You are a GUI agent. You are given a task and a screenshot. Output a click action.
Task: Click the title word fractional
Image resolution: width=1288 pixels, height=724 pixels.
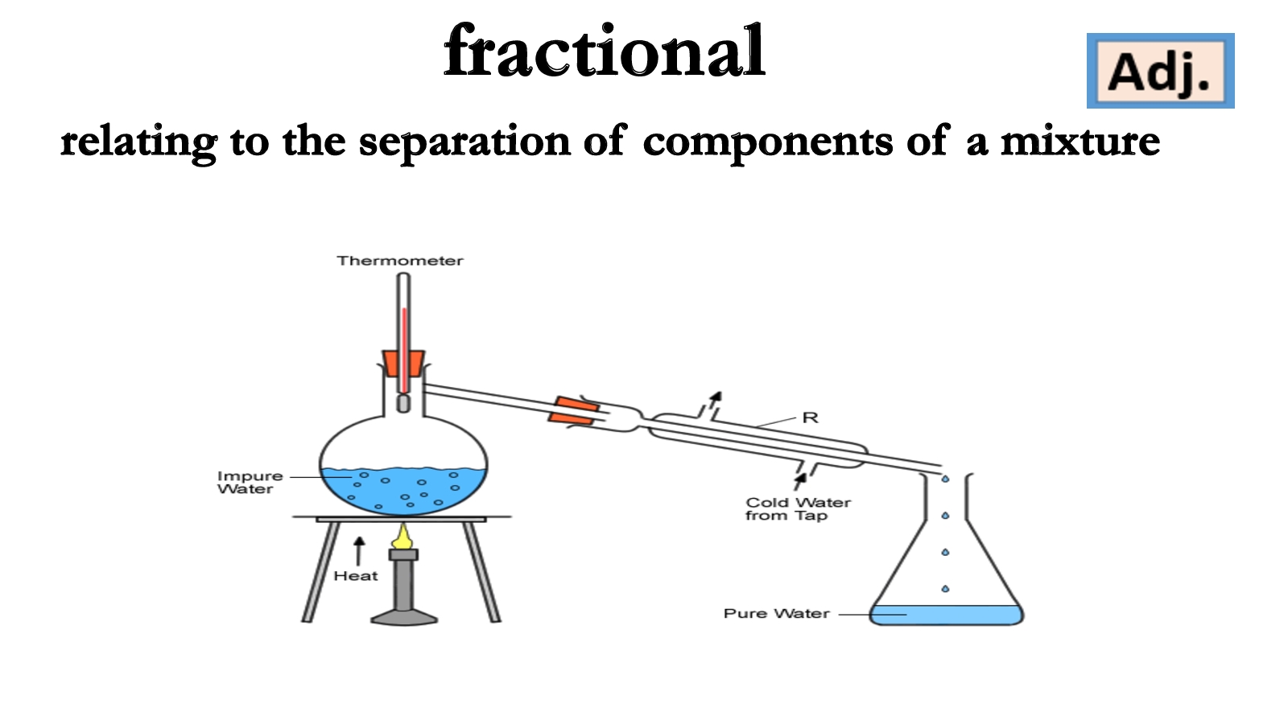point(604,52)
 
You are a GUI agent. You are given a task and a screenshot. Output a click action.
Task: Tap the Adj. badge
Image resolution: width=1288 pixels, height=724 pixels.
point(1160,72)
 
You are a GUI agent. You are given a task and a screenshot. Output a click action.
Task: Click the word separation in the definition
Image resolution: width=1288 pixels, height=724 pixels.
point(464,142)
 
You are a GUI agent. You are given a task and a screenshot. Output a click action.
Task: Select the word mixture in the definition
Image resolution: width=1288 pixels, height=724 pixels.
point(1080,142)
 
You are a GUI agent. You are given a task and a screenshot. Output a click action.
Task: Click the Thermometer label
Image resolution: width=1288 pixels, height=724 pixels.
point(400,261)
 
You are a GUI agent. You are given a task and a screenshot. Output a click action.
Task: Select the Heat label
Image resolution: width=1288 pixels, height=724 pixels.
point(356,576)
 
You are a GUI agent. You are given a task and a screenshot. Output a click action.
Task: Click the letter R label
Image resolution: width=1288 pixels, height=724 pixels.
point(810,418)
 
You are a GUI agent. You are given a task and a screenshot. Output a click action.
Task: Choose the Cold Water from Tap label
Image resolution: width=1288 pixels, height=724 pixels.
point(797,508)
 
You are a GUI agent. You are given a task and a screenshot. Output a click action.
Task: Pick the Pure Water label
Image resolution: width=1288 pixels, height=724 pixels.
point(776,613)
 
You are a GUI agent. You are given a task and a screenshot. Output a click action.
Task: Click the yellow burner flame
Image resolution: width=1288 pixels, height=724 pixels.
point(402,536)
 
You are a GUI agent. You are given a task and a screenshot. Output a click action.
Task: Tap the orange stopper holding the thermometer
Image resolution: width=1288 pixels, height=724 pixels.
point(403,364)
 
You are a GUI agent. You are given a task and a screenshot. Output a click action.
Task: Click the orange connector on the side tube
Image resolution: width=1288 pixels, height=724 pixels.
point(574,410)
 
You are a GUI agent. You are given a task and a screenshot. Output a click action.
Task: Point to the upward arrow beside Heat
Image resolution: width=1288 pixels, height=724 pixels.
point(359,551)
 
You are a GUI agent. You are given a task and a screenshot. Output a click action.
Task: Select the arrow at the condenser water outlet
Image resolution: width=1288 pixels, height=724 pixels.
point(715,399)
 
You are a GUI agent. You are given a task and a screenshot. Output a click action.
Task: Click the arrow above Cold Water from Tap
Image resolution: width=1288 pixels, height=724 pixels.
point(800,480)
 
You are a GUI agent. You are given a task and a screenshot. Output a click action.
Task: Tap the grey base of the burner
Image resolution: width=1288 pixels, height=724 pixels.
point(404,617)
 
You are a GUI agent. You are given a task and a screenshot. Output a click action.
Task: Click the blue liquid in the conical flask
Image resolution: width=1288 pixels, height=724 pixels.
point(946,615)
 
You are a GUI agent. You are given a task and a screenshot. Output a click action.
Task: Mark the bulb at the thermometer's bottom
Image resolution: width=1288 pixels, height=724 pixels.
point(403,402)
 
